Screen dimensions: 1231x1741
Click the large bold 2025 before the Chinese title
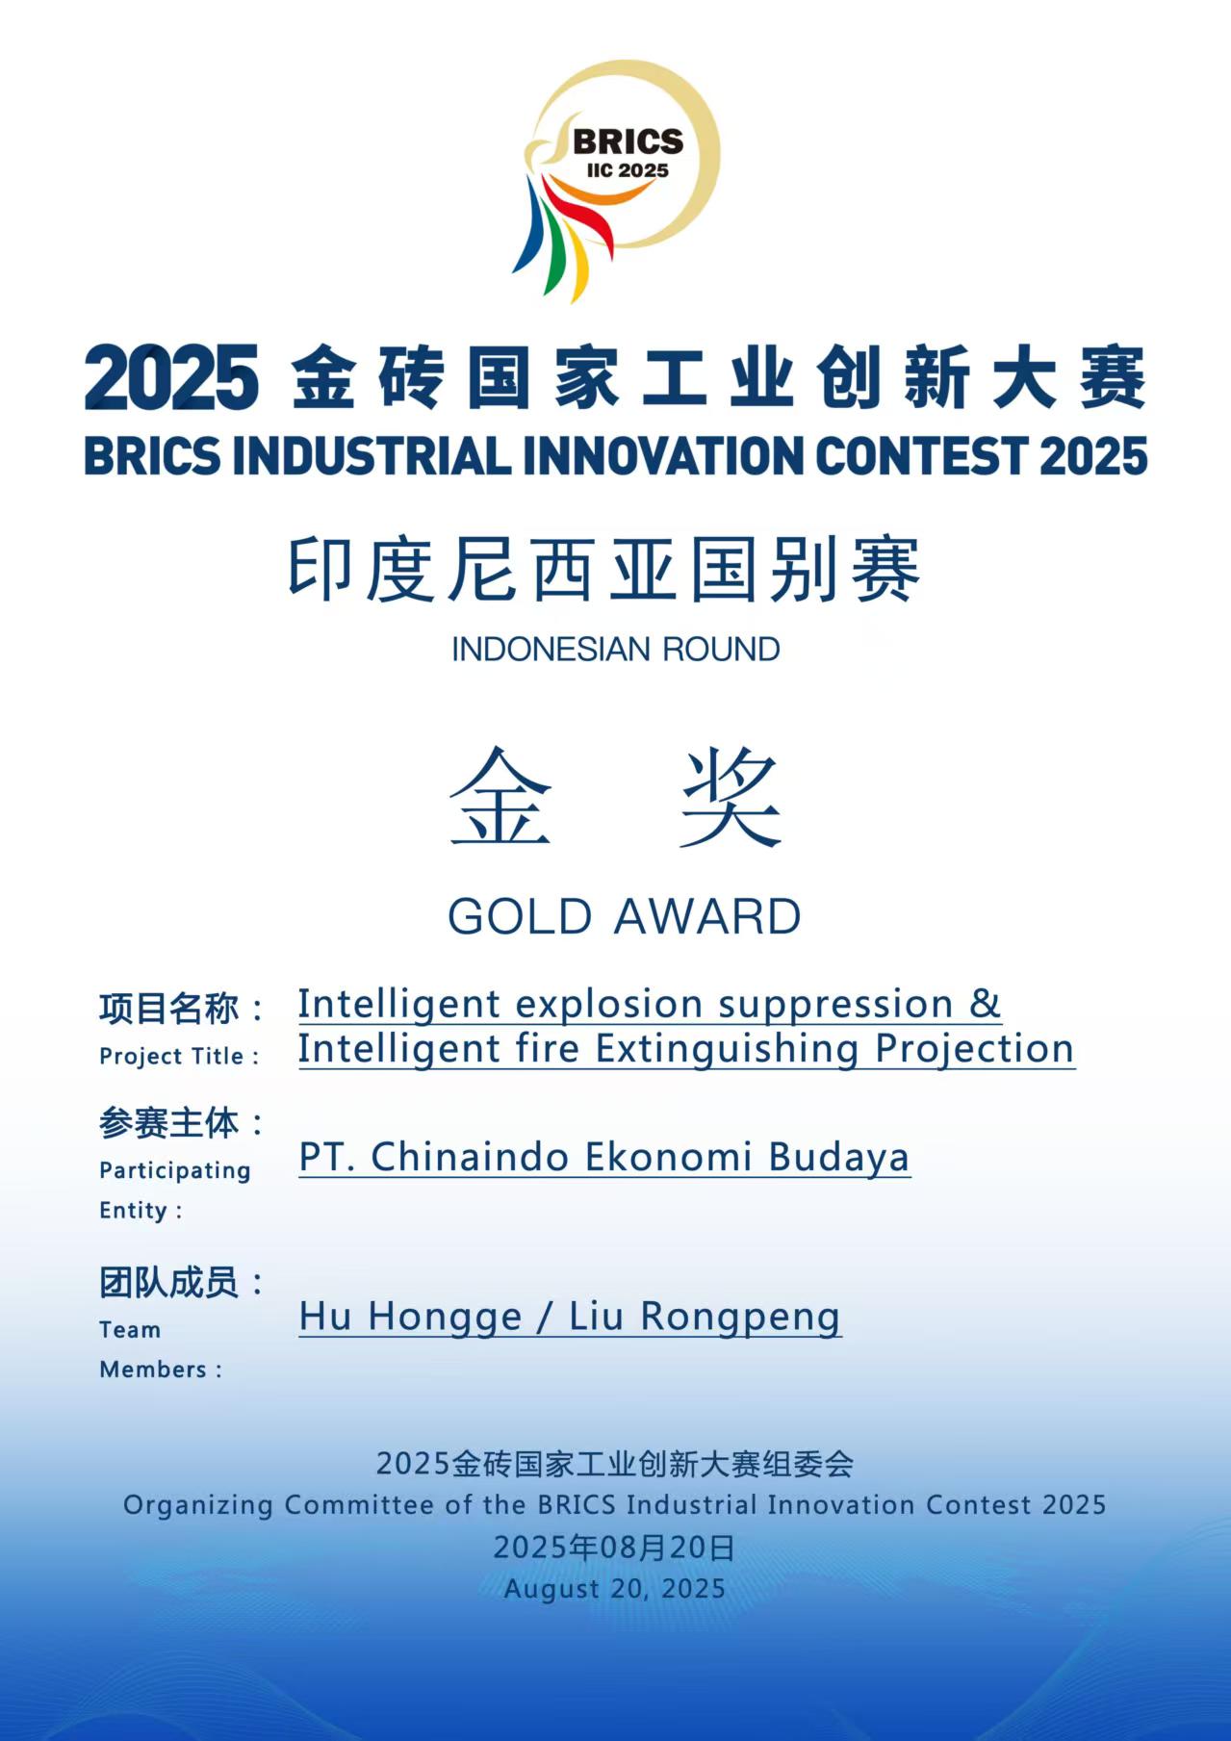tap(172, 378)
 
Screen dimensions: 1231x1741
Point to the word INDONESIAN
tap(538, 650)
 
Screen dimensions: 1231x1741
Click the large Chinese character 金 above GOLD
tap(501, 798)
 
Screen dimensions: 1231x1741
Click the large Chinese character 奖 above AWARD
tap(731, 798)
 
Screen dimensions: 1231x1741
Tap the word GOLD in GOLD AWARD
tap(521, 916)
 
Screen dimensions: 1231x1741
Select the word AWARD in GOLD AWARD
tap(708, 916)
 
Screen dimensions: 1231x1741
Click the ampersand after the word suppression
tap(986, 1004)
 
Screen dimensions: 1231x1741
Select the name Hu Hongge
tap(410, 1318)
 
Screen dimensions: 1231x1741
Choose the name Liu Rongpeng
tap(705, 1318)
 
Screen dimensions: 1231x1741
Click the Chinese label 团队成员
tap(168, 1282)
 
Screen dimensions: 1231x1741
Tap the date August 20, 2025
tap(615, 1588)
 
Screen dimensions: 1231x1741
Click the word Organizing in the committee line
tap(198, 1505)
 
